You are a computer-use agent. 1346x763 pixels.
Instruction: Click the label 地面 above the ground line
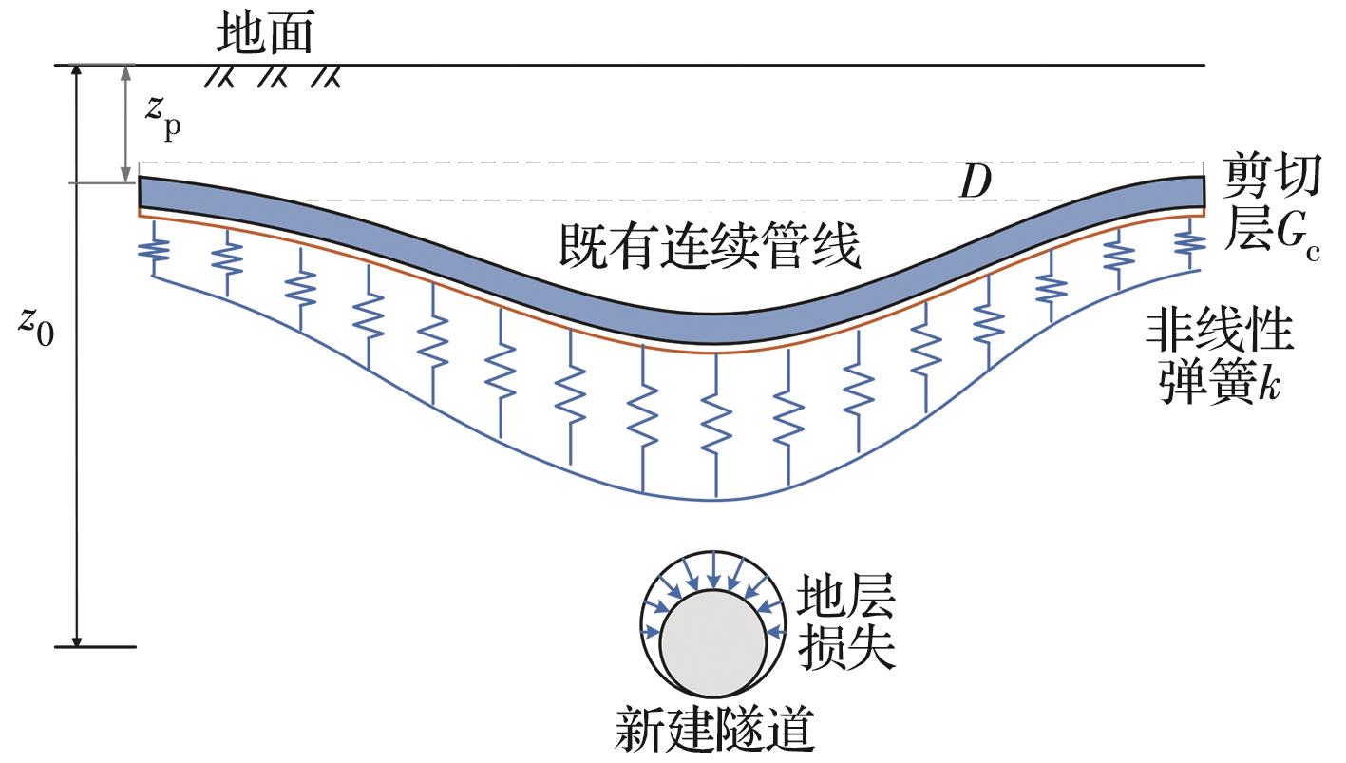pyautogui.click(x=264, y=35)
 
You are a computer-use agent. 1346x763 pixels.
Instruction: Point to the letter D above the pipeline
pyautogui.click(x=975, y=183)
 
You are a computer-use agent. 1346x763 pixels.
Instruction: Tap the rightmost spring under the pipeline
pyautogui.click(x=1188, y=242)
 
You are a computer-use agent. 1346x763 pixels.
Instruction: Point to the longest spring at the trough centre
pyautogui.click(x=714, y=409)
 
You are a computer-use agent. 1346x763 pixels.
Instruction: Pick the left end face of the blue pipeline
pyautogui.click(x=141, y=193)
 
